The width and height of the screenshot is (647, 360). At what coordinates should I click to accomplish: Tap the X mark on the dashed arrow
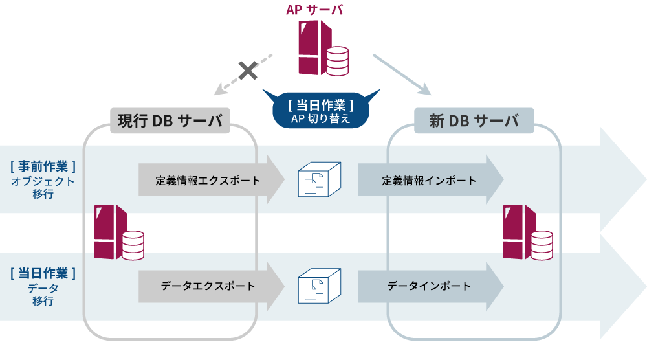pos(247,70)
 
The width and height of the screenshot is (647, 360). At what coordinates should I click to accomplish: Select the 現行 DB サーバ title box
pos(170,120)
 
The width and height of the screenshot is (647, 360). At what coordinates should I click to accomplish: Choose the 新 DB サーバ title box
pos(474,120)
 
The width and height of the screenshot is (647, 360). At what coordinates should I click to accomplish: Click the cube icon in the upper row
pos(319,180)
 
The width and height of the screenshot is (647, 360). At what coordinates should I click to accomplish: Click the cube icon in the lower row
pos(319,286)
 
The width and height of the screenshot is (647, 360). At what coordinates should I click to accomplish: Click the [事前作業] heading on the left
pos(43,166)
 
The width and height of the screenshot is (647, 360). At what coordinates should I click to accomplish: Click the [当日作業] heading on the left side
pos(43,273)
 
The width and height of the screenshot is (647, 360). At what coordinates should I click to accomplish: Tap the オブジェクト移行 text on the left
pos(43,188)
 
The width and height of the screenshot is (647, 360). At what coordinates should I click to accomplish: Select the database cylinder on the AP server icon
pos(337,60)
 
